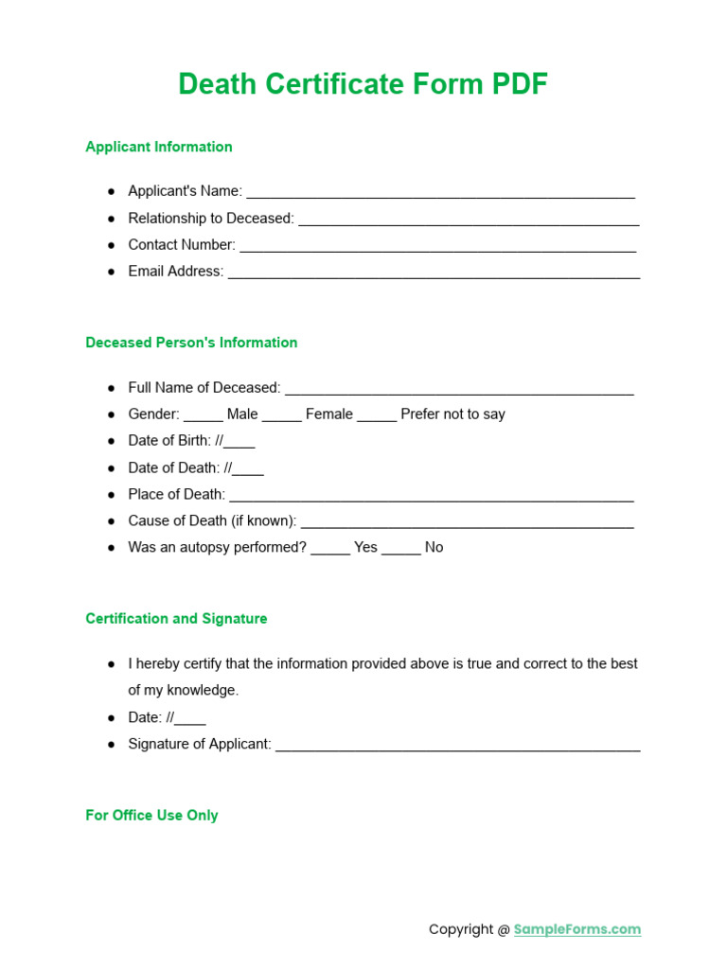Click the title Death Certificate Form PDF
click(363, 84)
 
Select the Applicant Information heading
click(158, 147)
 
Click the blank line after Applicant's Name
click(440, 192)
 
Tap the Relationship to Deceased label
click(211, 219)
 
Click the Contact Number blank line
click(437, 245)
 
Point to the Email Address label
click(176, 272)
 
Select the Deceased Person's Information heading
click(191, 343)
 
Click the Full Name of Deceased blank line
click(459, 388)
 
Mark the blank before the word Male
click(203, 415)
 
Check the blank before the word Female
click(281, 415)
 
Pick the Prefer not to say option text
click(452, 414)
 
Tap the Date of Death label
click(174, 467)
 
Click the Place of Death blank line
click(432, 495)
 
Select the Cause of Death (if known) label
click(212, 520)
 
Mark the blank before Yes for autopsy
click(330, 549)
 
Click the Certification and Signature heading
click(176, 619)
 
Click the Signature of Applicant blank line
click(457, 745)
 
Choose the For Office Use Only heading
click(151, 816)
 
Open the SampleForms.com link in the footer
click(576, 929)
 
